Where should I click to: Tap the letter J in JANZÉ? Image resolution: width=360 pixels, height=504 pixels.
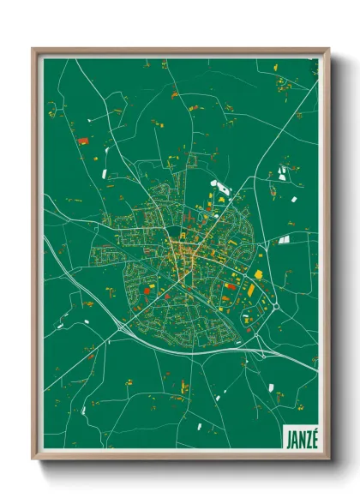(286, 436)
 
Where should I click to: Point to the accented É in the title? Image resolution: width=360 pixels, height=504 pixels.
(314, 435)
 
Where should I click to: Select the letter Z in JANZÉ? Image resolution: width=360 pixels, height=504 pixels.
(307, 436)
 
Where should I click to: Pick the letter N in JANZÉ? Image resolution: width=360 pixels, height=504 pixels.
(300, 436)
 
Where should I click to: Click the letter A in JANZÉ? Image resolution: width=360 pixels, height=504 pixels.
(293, 436)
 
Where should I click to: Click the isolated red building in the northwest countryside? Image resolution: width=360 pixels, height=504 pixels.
(82, 141)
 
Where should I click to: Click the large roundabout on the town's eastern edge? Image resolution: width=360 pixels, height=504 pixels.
(277, 304)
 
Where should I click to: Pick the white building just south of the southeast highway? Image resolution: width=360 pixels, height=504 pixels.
(273, 387)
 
